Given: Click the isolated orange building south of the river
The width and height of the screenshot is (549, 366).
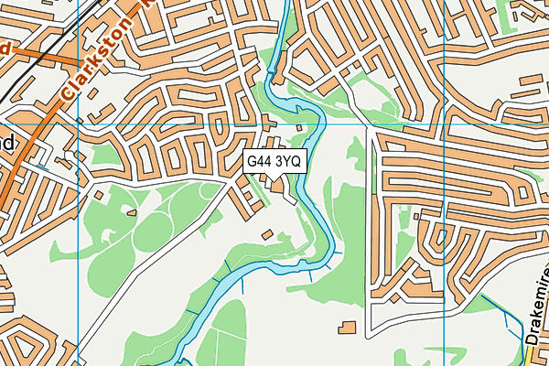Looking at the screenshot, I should (x=347, y=326).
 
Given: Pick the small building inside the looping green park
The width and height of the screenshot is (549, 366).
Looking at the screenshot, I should (x=132, y=212).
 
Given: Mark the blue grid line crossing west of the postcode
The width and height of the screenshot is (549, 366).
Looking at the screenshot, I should (x=80, y=229).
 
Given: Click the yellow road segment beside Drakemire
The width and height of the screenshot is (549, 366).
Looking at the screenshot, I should (x=526, y=357).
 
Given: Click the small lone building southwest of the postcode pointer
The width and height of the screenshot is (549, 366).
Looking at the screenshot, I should (x=267, y=235).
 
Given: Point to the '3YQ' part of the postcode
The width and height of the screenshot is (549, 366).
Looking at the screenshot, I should (x=287, y=161).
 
